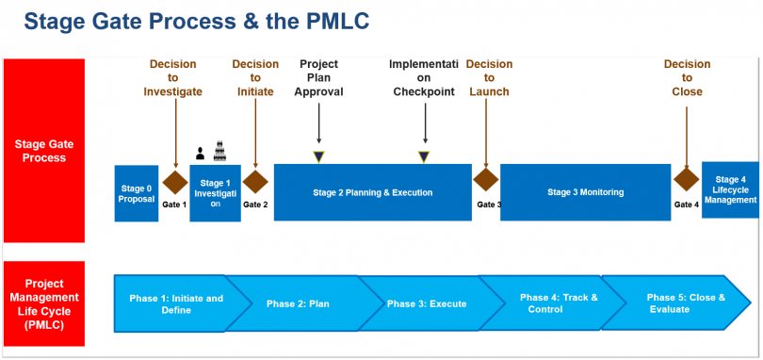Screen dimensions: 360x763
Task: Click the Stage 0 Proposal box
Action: point(136,193)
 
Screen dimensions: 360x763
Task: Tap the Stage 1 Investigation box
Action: point(215,193)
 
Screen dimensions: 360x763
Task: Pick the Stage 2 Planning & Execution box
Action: point(372,192)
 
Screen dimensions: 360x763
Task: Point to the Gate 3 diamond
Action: point(486,180)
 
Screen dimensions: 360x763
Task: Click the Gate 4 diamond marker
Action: point(686,180)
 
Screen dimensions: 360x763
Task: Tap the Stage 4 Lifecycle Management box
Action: point(730,189)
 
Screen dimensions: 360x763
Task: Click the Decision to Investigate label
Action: point(172,78)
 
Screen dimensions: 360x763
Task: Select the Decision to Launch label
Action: point(489,78)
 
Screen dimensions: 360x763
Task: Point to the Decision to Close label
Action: point(687,78)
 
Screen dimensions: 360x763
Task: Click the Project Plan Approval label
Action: point(318,78)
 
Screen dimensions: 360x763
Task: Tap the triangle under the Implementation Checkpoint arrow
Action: point(425,156)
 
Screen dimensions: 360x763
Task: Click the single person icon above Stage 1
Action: point(200,154)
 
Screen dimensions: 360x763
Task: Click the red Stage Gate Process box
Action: point(44,151)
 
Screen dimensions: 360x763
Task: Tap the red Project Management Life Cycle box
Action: point(44,303)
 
